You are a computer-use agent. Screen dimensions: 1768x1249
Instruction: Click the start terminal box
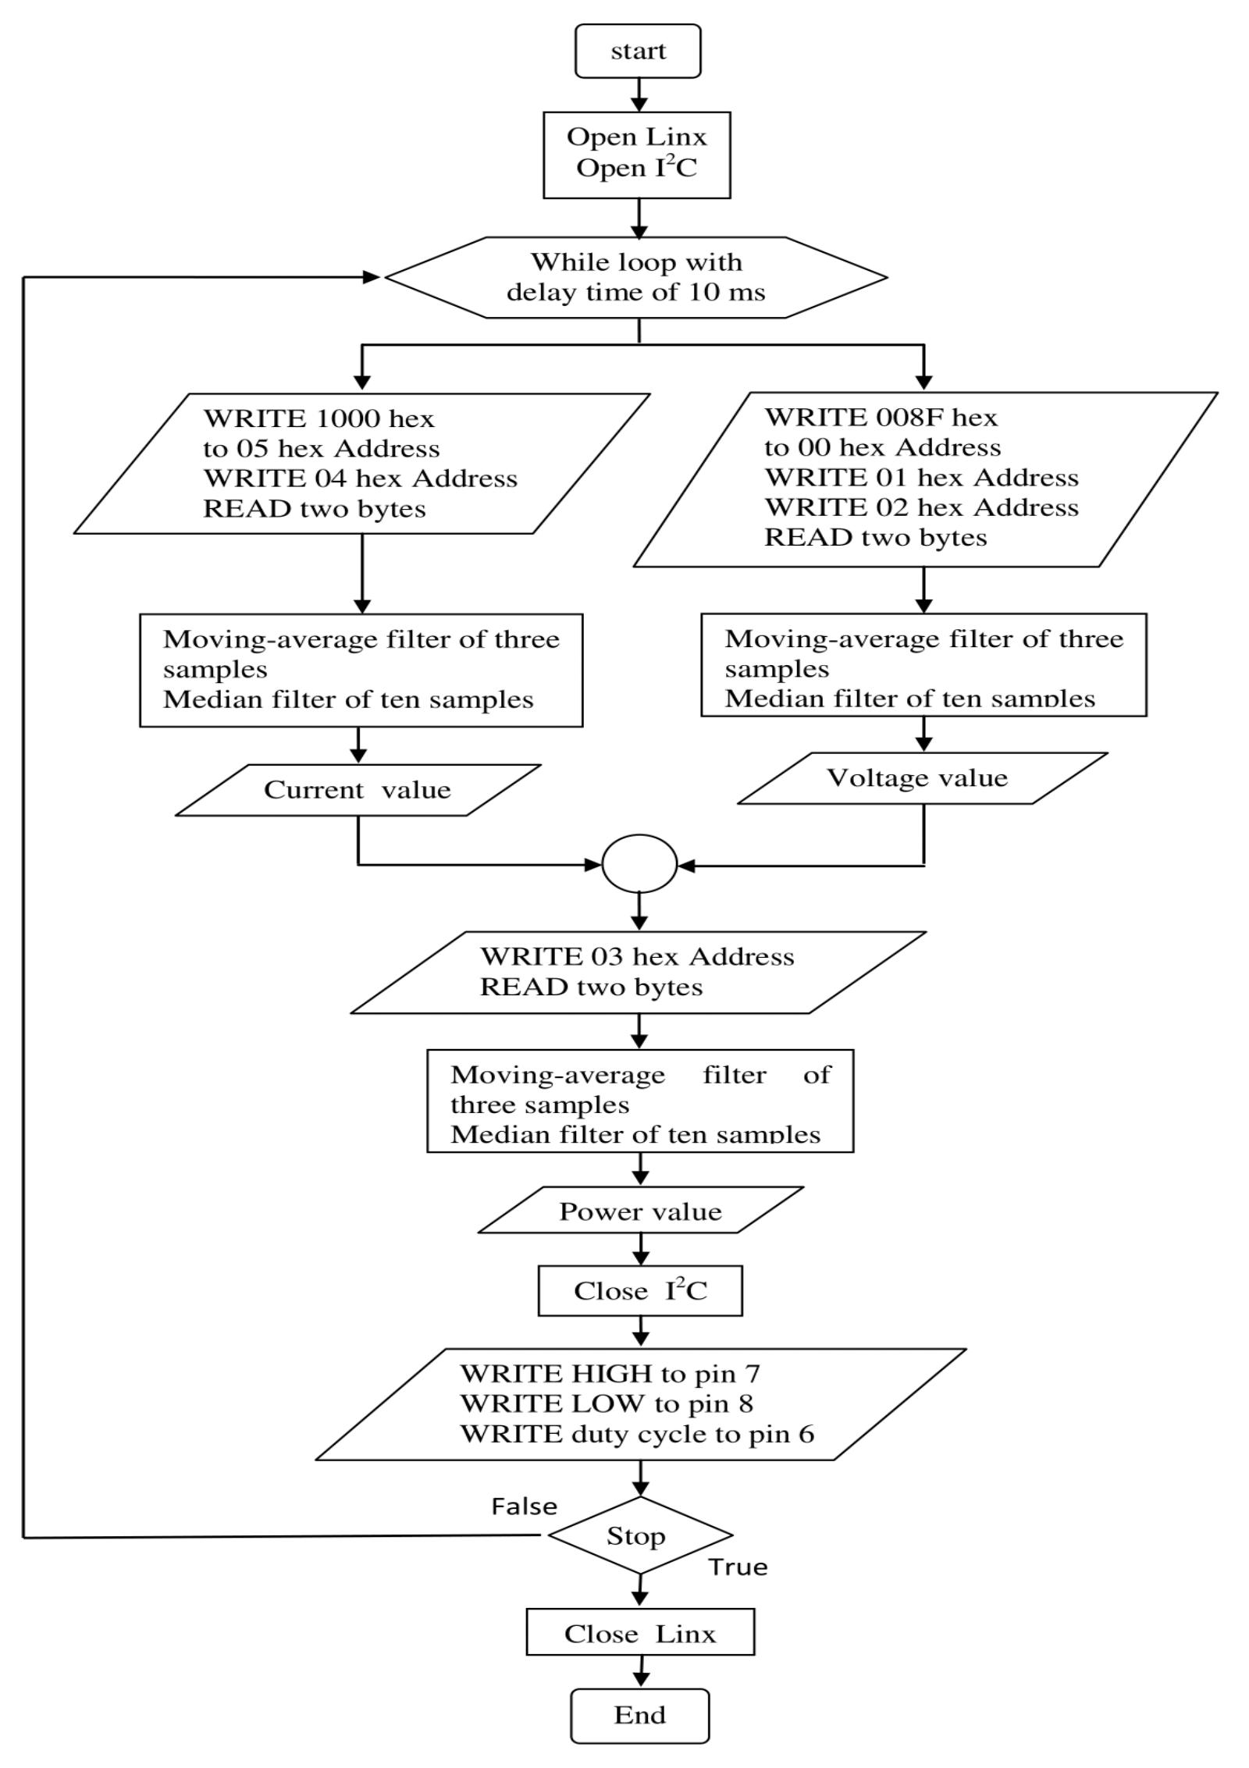tap(637, 51)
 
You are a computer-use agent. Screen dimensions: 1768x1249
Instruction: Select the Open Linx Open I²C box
tap(636, 154)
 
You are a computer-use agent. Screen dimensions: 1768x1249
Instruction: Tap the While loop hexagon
tap(635, 277)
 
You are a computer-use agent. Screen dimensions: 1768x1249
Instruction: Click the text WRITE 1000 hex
tap(318, 418)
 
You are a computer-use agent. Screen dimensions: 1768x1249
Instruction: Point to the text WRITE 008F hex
tap(881, 418)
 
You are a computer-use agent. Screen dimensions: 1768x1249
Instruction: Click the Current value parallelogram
tap(358, 789)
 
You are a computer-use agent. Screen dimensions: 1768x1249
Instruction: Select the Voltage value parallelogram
tap(921, 777)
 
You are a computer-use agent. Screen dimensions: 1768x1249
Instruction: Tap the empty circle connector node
tap(639, 863)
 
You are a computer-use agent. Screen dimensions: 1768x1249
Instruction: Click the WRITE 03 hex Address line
tap(637, 956)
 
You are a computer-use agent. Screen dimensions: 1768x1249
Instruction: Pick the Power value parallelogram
tap(640, 1211)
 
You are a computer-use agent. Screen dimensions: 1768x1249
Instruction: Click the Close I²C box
tap(640, 1290)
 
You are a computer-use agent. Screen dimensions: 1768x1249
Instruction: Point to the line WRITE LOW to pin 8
tap(607, 1403)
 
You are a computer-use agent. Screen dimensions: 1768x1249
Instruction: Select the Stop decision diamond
tap(639, 1535)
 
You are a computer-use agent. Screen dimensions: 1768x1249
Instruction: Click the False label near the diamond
tap(524, 1506)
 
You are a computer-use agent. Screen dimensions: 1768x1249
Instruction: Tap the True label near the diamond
tap(738, 1567)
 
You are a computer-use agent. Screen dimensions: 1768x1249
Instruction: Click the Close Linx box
tap(640, 1633)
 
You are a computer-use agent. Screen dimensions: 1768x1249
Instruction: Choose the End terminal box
tap(639, 1714)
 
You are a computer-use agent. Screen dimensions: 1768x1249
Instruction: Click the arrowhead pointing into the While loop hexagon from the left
tap(372, 276)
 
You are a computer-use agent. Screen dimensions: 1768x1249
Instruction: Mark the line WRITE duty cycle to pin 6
tap(637, 1433)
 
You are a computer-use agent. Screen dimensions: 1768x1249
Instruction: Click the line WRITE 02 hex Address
tap(921, 507)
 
